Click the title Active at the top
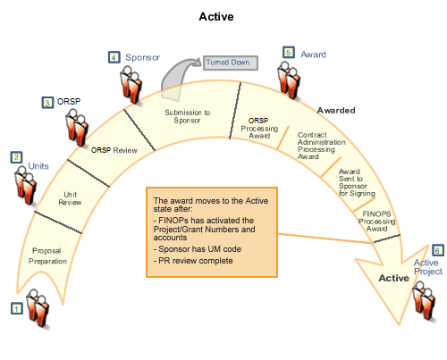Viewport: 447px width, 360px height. [223, 16]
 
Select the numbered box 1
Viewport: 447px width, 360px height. [16, 308]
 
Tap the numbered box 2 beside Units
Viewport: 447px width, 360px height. [16, 157]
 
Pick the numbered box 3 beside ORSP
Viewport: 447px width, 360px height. [47, 103]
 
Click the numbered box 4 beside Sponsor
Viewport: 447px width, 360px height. [114, 57]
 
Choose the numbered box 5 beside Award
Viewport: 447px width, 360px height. [288, 53]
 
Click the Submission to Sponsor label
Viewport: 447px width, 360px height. [188, 117]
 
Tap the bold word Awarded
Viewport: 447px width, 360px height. [337, 111]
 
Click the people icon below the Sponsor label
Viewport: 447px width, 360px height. [133, 85]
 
